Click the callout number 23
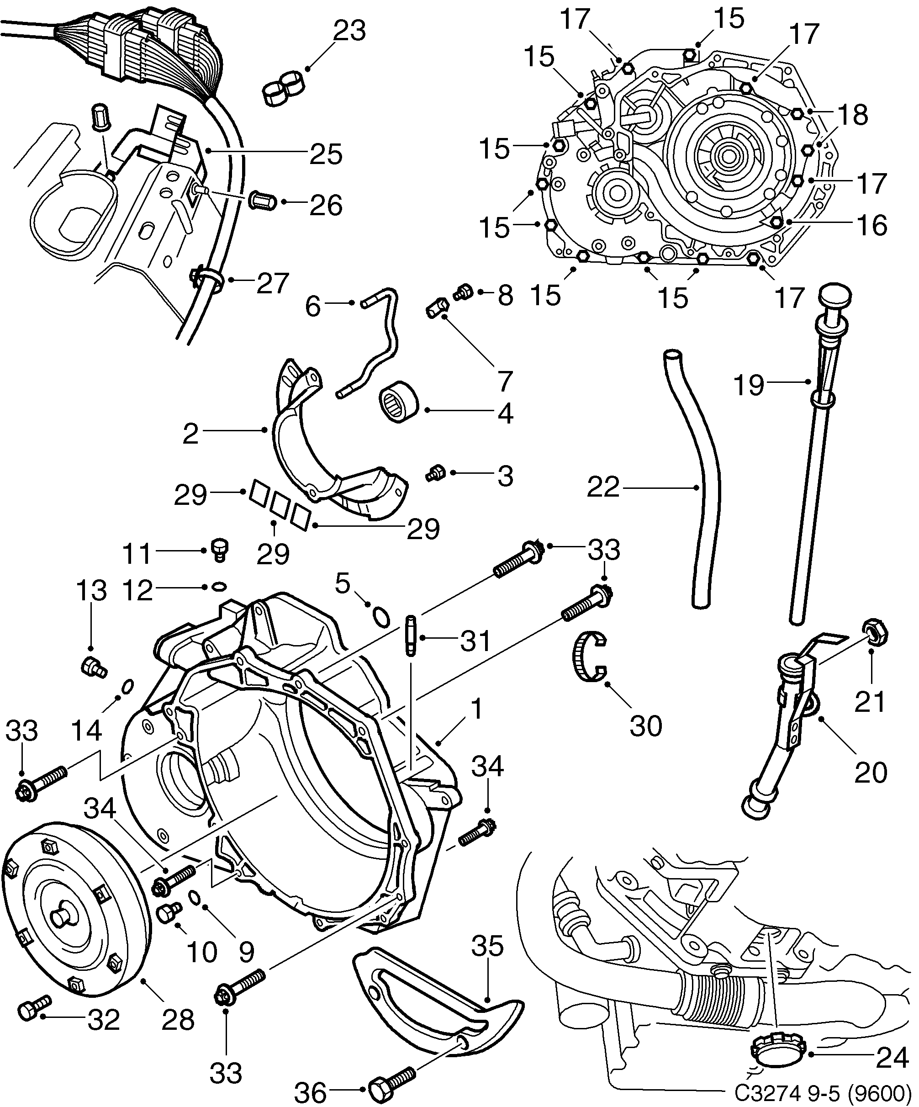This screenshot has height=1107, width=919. pos(349,31)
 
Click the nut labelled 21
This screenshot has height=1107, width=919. pos(875,633)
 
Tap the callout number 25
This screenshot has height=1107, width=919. pos(326,154)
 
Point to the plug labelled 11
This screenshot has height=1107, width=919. pos(219,548)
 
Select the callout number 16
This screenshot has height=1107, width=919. pos(872,225)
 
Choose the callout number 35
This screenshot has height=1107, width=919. pos(487,946)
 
